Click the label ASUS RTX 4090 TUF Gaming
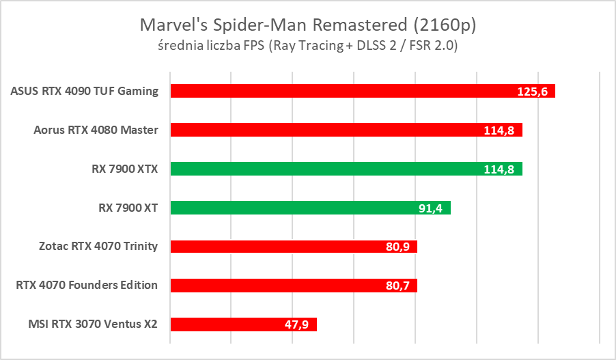click(x=85, y=91)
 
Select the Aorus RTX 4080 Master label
click(x=96, y=130)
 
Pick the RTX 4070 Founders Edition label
click(x=87, y=286)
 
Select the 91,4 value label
click(x=430, y=208)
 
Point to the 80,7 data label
click(x=397, y=286)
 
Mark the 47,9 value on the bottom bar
click(x=296, y=325)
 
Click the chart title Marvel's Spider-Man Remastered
click(x=307, y=25)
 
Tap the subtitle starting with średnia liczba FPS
click(x=307, y=46)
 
